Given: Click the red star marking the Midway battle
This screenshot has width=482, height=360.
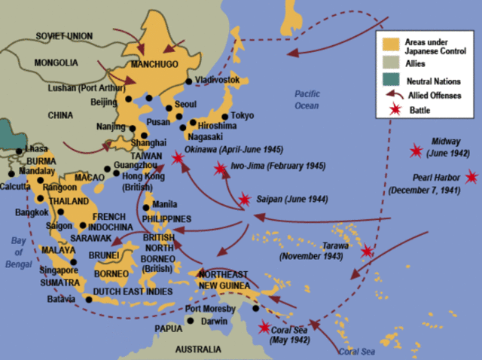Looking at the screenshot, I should pyautogui.click(x=415, y=151).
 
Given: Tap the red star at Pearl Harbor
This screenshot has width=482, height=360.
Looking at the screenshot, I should pyautogui.click(x=471, y=177).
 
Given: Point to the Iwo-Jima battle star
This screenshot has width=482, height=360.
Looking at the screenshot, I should pyautogui.click(x=219, y=169).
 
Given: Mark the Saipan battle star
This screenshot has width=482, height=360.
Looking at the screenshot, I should pyautogui.click(x=244, y=200).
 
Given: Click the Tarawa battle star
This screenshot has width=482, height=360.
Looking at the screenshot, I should pyautogui.click(x=367, y=252).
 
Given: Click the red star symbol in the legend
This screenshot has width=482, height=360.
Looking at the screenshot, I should pyautogui.click(x=390, y=110).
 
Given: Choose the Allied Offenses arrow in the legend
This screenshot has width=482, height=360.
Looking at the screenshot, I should pyautogui.click(x=390, y=95).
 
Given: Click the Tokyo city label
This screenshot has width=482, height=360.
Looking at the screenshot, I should pyautogui.click(x=243, y=115).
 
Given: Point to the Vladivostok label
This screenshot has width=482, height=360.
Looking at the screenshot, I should pyautogui.click(x=217, y=79).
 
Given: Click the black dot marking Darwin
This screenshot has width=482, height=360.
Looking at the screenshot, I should pyautogui.click(x=191, y=321).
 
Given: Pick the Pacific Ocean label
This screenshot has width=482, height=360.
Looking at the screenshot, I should pyautogui.click(x=308, y=99).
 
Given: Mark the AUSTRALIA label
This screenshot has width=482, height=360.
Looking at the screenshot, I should pyautogui.click(x=198, y=349).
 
